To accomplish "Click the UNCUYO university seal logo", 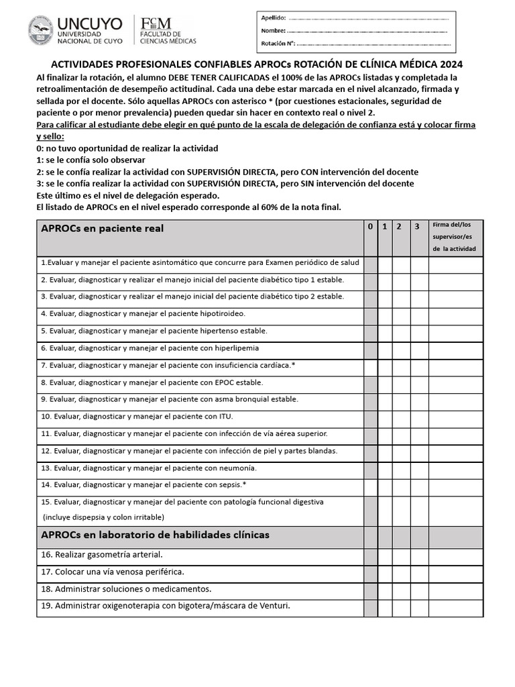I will pyautogui.click(x=41, y=31).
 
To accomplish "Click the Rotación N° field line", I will pyautogui.click(x=372, y=44).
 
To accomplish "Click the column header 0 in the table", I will pyautogui.click(x=370, y=227).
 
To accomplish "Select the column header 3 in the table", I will pyautogui.click(x=417, y=227).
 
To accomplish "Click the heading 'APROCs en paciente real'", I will pyautogui.click(x=102, y=229).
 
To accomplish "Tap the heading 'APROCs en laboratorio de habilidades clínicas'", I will pyautogui.click(x=155, y=535).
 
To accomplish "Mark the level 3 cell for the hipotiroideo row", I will pyautogui.click(x=419, y=313).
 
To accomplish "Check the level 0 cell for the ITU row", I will pyautogui.click(x=370, y=417).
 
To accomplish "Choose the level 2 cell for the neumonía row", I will pyautogui.click(x=401, y=468).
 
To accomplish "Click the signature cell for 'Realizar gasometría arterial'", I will pyautogui.click(x=455, y=556).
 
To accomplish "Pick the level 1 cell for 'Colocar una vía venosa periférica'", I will pyautogui.click(x=385, y=572).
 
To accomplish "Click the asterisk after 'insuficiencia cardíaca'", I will pyautogui.click(x=293, y=365).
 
